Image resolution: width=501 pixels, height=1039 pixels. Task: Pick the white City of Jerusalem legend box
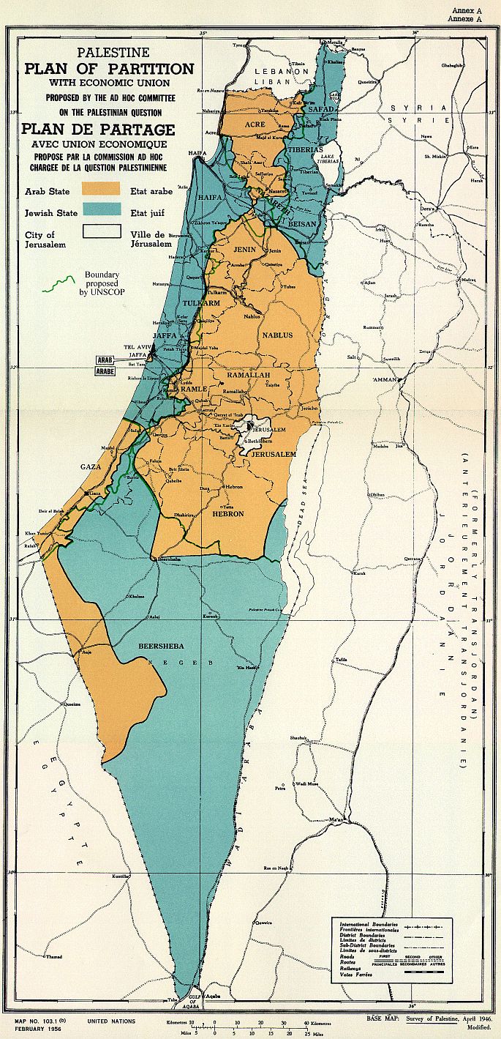(x=100, y=233)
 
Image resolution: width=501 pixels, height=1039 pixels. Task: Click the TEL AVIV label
(x=137, y=347)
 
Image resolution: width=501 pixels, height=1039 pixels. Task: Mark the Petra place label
(x=279, y=789)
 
